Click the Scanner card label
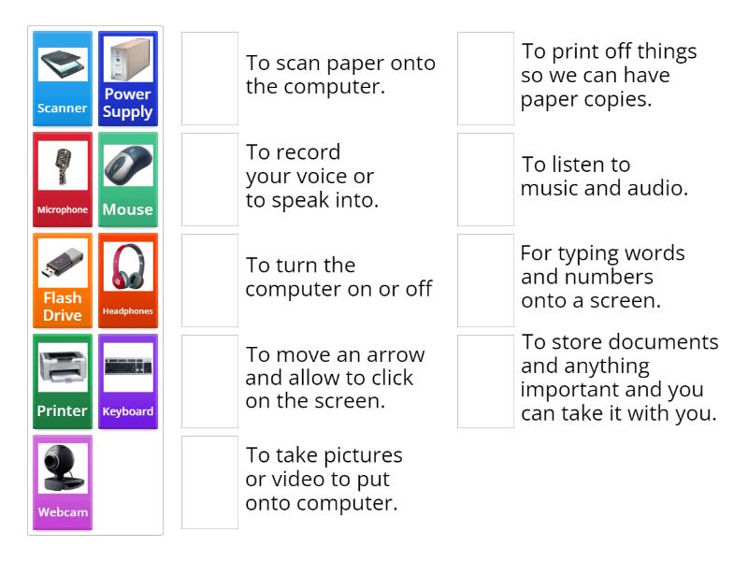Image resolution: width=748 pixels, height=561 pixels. coord(62,108)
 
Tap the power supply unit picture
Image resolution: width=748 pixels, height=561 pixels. coord(128,59)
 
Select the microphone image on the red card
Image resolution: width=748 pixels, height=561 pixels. coord(63,165)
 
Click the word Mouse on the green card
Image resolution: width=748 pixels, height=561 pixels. coord(127,209)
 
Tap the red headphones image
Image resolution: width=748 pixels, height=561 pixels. coord(128,266)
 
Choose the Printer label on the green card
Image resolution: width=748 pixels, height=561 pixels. coord(62,410)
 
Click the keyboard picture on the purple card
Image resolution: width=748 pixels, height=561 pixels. coord(128,367)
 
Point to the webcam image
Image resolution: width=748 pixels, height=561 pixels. coord(63,468)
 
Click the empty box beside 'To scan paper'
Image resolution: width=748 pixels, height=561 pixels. coord(209,79)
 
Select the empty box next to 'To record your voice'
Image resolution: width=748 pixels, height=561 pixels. coord(209,180)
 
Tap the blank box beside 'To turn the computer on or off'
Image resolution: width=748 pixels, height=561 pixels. coord(209,280)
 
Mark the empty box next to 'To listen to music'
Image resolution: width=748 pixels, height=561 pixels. coord(485,180)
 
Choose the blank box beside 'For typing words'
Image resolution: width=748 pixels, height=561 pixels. coord(485,280)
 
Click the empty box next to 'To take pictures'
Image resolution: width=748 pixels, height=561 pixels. coord(209,482)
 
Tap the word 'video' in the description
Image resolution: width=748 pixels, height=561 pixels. coord(295,479)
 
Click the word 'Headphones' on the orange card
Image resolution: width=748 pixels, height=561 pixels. coord(128,311)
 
